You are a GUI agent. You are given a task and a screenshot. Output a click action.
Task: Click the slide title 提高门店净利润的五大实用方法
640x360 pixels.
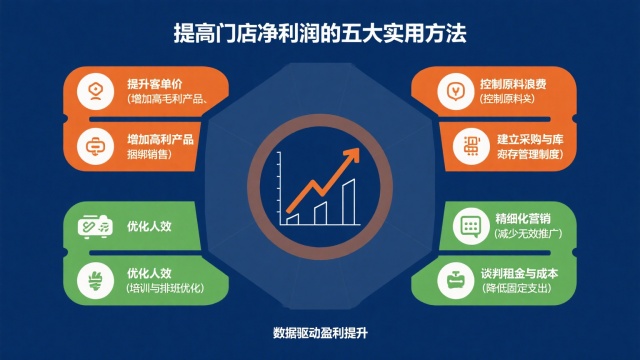pyautogui.click(x=319, y=34)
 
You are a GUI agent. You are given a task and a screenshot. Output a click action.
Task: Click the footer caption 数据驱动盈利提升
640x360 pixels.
pyautogui.click(x=320, y=332)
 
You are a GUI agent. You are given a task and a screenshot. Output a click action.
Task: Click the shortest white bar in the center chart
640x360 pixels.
pyautogui.click(x=292, y=216)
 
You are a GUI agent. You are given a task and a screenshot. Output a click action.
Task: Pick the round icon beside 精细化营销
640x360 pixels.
pyautogui.click(x=468, y=225)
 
